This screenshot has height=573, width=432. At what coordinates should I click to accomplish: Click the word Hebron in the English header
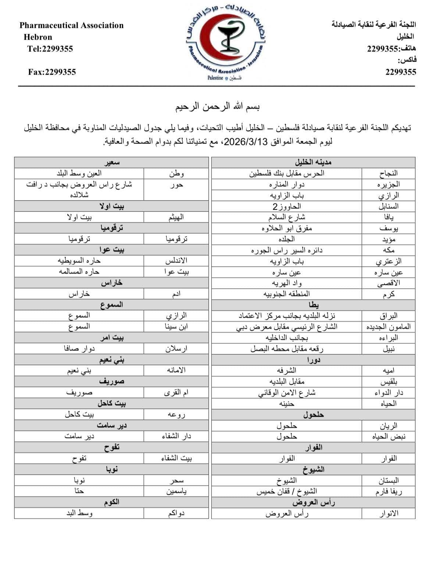point(38,37)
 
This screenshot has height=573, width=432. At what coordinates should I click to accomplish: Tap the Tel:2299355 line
point(50,49)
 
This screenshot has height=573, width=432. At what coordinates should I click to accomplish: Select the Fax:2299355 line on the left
point(52,72)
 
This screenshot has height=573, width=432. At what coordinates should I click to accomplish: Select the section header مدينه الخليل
point(313,162)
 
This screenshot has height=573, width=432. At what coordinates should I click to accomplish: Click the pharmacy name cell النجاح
point(388,173)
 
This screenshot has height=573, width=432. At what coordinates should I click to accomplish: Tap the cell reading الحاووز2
point(286,206)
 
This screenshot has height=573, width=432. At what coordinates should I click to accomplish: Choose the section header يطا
point(313,305)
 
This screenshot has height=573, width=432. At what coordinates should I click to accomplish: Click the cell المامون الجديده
point(388,327)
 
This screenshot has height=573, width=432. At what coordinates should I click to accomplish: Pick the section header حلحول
point(313,415)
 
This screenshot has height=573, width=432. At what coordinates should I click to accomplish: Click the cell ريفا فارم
point(388,492)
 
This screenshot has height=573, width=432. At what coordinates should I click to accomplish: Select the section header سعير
point(112,162)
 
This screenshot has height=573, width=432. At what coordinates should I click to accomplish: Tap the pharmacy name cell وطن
point(176,173)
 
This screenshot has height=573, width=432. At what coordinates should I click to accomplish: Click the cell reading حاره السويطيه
point(79,261)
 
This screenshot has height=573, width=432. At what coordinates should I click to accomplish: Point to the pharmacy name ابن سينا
point(176,327)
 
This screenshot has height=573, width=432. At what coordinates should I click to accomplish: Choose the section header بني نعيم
point(112,360)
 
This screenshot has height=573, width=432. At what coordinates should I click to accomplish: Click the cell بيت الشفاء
point(176,459)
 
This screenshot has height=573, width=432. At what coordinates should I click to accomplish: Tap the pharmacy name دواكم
point(176,513)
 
